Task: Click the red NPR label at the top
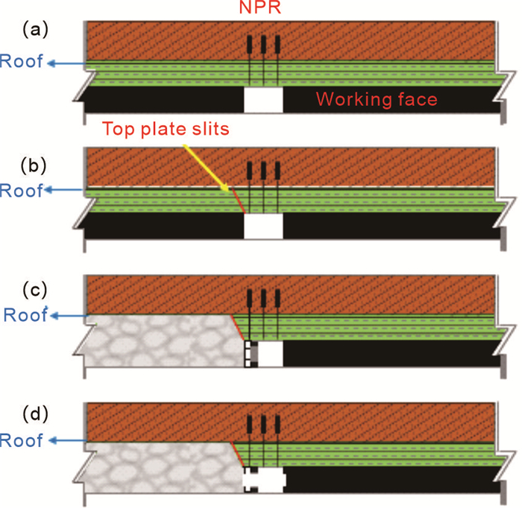point(260,8)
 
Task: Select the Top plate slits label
point(166,128)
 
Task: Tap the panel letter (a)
point(34,29)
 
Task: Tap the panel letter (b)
point(34,157)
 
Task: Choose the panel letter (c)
point(34,285)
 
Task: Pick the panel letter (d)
point(34,413)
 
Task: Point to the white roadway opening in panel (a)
point(263,100)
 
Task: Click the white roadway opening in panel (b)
point(263,226)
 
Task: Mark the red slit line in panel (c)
point(238,328)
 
